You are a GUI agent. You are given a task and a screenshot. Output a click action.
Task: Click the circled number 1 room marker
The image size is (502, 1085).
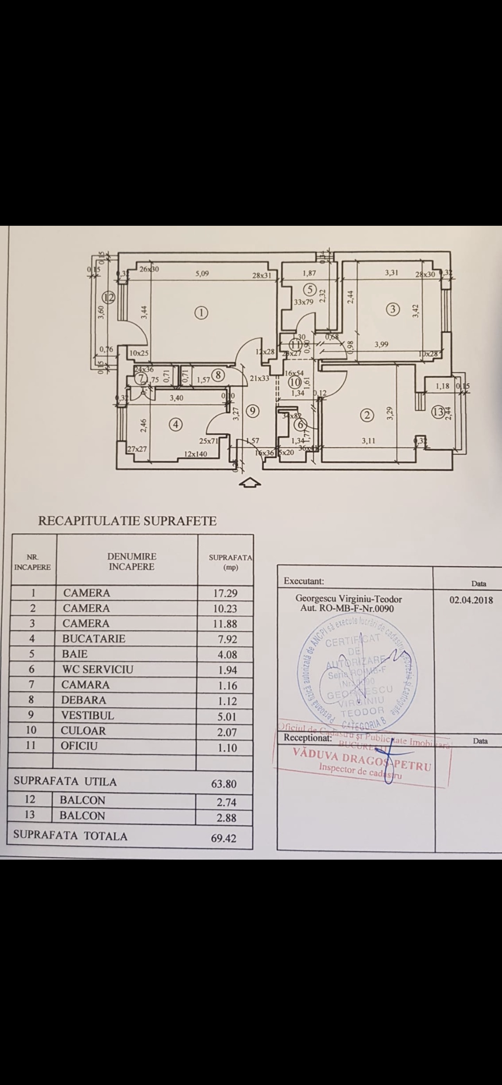point(202,312)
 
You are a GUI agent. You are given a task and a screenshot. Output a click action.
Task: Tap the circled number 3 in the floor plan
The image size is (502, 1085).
point(393,310)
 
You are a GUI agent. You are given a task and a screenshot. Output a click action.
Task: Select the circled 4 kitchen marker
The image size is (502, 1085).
point(176,425)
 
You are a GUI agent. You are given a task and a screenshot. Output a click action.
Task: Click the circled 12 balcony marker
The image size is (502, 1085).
point(109,298)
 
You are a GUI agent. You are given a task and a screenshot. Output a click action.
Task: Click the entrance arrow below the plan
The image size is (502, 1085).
point(249,483)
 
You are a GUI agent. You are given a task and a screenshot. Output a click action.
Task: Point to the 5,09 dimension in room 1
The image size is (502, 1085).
point(201,274)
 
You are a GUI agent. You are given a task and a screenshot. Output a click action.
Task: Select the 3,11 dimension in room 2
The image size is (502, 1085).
point(368,441)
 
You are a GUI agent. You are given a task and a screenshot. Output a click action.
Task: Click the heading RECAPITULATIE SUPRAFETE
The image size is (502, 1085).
point(127,521)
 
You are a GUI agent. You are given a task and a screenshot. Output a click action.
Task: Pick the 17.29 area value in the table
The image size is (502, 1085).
point(226,593)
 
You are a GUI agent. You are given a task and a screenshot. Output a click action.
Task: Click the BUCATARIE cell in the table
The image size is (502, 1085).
point(93,639)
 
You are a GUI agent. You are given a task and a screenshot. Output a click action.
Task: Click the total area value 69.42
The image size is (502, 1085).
point(224,838)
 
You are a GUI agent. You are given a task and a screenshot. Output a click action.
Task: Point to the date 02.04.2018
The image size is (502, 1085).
point(471,600)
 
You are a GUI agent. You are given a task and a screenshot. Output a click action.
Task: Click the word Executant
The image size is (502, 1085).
point(303,581)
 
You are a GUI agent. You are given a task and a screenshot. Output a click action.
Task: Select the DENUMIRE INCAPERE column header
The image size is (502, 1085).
point(131,562)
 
